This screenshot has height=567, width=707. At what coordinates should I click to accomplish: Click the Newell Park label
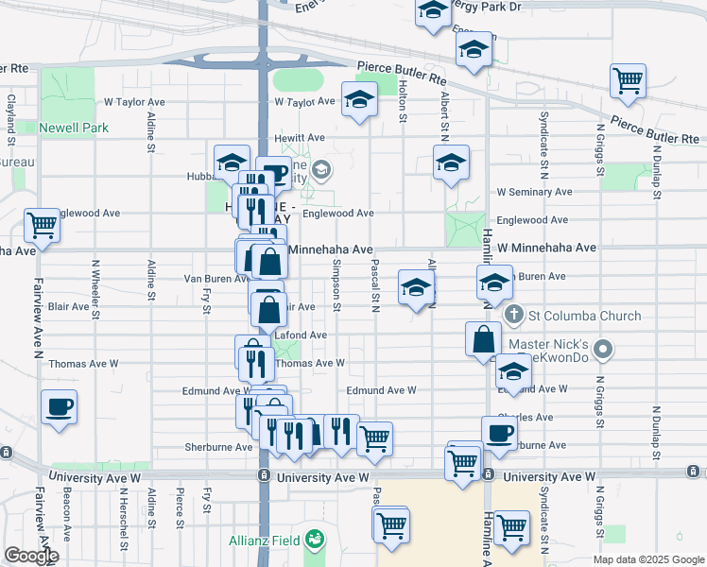(x=74, y=128)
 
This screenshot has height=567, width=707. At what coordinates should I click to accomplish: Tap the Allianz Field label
(x=265, y=541)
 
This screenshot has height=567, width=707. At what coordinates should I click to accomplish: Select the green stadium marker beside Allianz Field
(x=315, y=541)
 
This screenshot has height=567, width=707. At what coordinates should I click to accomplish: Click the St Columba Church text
(x=585, y=316)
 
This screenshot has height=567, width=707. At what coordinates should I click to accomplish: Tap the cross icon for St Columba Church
(x=513, y=315)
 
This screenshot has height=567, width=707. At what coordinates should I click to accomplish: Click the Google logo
(x=31, y=556)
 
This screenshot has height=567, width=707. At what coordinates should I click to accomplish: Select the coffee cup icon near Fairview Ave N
(x=59, y=409)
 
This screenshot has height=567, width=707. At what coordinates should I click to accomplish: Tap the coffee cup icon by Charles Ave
(x=499, y=433)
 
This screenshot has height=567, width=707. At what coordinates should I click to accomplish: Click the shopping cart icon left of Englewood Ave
(x=42, y=225)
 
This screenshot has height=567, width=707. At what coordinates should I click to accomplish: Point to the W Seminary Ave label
(x=534, y=192)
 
